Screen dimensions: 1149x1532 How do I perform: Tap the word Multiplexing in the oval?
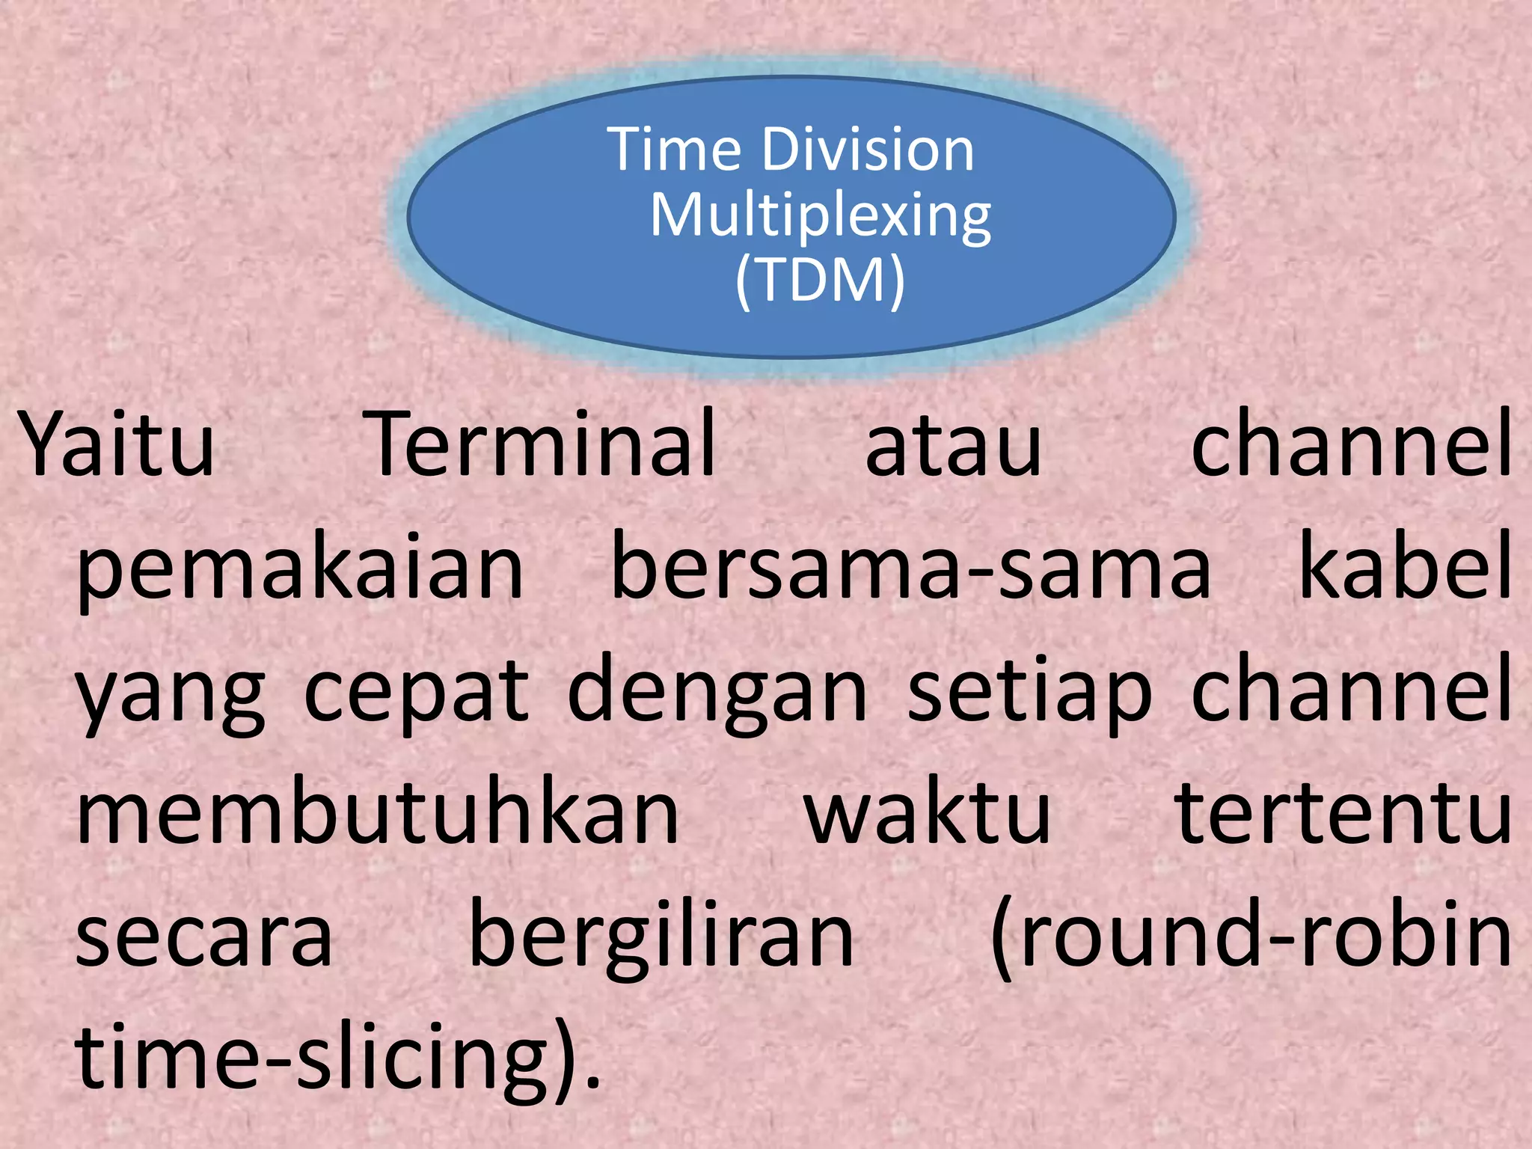pos(821,217)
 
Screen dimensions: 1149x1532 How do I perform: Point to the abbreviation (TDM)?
pos(820,281)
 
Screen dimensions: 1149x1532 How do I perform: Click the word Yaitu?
pos(117,444)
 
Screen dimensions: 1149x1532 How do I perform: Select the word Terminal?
pos(544,444)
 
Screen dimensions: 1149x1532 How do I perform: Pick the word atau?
pos(953,446)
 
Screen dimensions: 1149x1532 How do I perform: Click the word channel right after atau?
pos(1351,444)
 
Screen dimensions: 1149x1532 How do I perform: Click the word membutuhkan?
pos(378,812)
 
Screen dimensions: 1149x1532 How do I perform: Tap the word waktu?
pos(928,812)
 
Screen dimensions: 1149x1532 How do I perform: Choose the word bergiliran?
pos(661,935)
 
